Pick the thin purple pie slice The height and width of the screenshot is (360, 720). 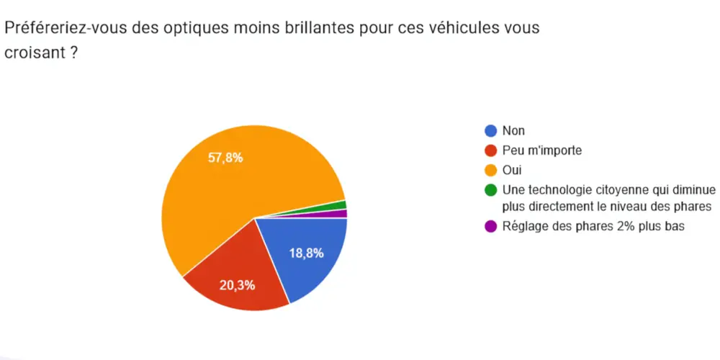pos(341,214)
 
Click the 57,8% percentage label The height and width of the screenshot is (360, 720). pos(225,158)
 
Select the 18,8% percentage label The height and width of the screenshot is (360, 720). pos(306,253)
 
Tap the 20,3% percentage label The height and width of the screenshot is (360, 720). pos(238,285)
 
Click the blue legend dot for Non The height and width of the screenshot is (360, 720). pos(491,131)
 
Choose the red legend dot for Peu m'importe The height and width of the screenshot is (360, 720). pos(491,151)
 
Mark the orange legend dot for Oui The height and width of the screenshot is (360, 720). pos(491,171)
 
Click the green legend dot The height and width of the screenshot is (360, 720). pos(491,190)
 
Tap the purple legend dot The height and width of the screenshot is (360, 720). pos(491,226)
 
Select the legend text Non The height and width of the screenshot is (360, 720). pos(513,131)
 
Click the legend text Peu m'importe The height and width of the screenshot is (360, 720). pos(541,151)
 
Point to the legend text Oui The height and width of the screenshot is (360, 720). pos(511,171)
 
